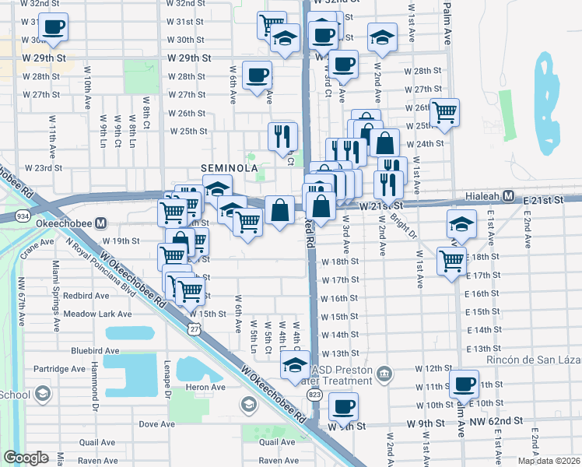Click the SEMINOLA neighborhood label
click(229, 168)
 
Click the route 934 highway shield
click(21, 216)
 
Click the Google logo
click(26, 458)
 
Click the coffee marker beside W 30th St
click(53, 28)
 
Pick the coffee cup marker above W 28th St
click(257, 76)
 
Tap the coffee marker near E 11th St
click(465, 383)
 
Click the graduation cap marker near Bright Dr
click(461, 223)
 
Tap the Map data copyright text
click(549, 461)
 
